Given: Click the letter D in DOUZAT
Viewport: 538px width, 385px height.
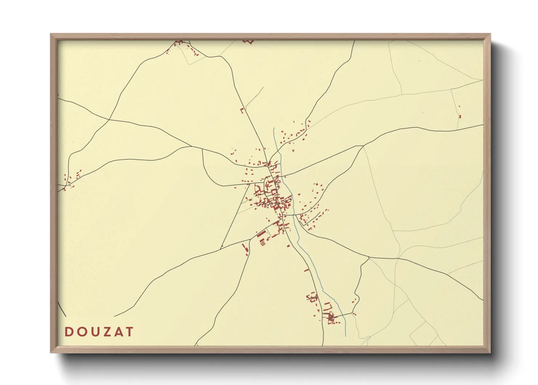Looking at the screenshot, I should click(68, 332).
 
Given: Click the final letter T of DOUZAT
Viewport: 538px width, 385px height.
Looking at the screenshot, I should click(129, 332).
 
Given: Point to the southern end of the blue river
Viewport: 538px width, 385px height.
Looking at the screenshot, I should click(345, 336).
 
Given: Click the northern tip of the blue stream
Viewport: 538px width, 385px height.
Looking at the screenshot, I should click(274, 128).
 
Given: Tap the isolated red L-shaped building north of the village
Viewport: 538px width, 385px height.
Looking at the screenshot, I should click(242, 110).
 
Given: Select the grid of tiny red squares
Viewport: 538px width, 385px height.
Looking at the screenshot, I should click(262, 243).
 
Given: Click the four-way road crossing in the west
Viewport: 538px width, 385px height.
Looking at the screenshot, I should click(109, 119).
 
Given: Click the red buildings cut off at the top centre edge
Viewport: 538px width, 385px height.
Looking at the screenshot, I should click(248, 41).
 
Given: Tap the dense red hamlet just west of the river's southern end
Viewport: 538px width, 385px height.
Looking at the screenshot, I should click(331, 318).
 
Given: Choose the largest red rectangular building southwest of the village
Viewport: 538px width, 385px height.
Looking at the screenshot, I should click(261, 234).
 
